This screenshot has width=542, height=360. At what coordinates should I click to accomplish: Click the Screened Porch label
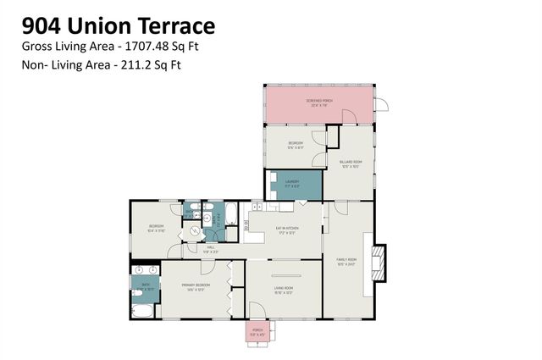click(x=319, y=102)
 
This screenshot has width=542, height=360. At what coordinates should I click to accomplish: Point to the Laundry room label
click(x=293, y=182)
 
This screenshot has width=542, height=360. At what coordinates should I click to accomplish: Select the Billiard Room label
click(x=351, y=163)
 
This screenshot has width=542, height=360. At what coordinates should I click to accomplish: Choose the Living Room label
click(x=283, y=291)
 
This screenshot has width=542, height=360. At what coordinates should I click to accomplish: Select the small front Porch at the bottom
click(x=257, y=332)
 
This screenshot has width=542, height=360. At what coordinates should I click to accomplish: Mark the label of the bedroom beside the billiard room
click(x=295, y=145)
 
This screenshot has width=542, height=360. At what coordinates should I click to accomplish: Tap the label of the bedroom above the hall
click(x=156, y=227)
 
